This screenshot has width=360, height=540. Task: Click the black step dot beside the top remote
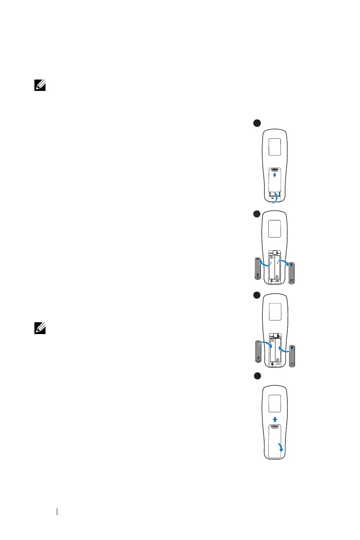coord(256,123)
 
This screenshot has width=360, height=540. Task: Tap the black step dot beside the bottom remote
coord(257,375)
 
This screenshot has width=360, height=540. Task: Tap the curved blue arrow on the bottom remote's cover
coord(282,448)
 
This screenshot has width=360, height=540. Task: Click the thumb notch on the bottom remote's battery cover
coord(274,427)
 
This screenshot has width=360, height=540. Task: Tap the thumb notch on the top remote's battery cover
coord(274,170)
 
